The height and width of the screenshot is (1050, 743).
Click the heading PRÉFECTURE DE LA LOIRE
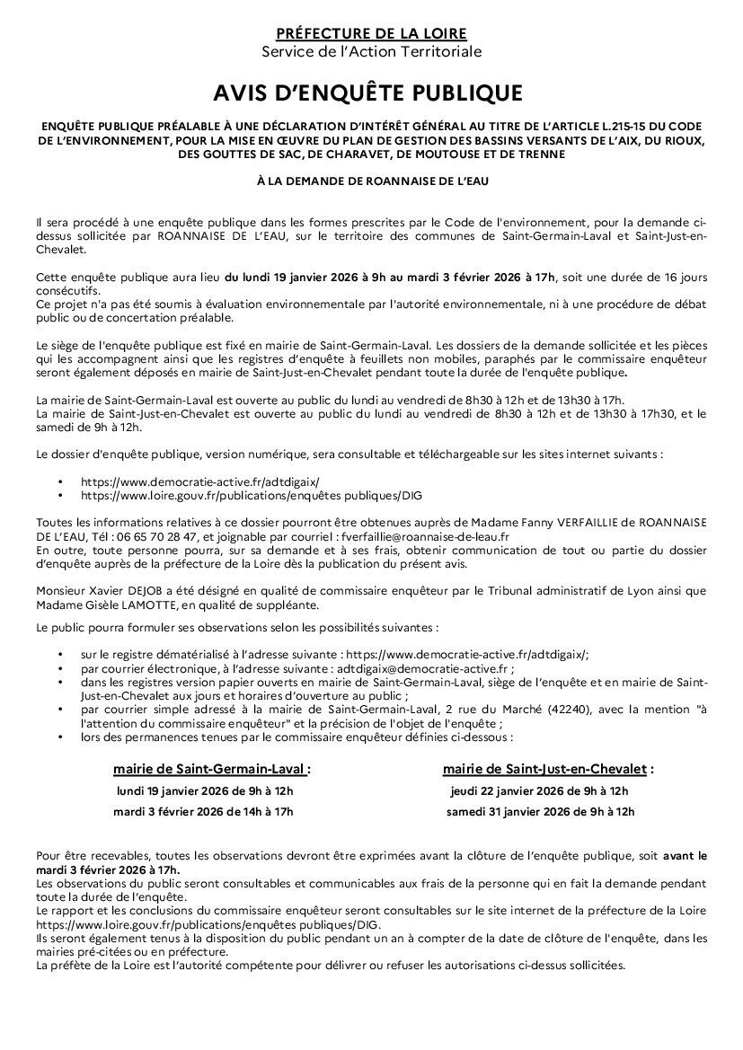[x=371, y=34]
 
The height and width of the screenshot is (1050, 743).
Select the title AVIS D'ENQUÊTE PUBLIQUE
[x=371, y=93]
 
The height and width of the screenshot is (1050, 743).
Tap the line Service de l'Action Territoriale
[x=371, y=52]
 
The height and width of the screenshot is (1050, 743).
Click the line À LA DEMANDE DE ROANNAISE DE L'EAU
[x=371, y=181]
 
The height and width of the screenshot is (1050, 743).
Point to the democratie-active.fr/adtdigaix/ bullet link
[x=199, y=481]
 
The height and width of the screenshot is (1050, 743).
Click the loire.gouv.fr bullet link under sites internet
[x=251, y=494]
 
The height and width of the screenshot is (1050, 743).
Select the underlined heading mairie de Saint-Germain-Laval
[x=210, y=769]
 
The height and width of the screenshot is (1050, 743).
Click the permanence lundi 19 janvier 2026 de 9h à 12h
[x=206, y=791]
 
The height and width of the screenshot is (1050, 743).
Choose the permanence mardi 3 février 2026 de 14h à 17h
[x=203, y=811]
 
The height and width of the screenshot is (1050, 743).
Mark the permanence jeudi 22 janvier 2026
[x=539, y=791]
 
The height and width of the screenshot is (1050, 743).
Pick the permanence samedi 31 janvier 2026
[x=540, y=811]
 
